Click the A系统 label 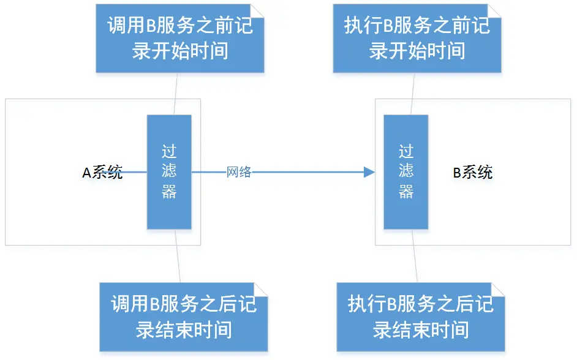click(x=102, y=173)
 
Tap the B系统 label click(x=472, y=173)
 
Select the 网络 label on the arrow click(x=239, y=173)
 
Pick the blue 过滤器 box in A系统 click(x=169, y=171)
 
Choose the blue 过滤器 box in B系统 click(x=406, y=171)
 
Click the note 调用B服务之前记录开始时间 click(x=180, y=39)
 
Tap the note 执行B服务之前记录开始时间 click(x=417, y=39)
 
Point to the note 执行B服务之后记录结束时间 click(x=421, y=317)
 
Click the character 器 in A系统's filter click(x=169, y=192)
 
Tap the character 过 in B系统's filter click(x=406, y=151)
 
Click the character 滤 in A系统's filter click(x=169, y=171)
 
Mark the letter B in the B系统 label click(x=457, y=173)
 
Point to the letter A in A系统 click(x=87, y=173)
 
